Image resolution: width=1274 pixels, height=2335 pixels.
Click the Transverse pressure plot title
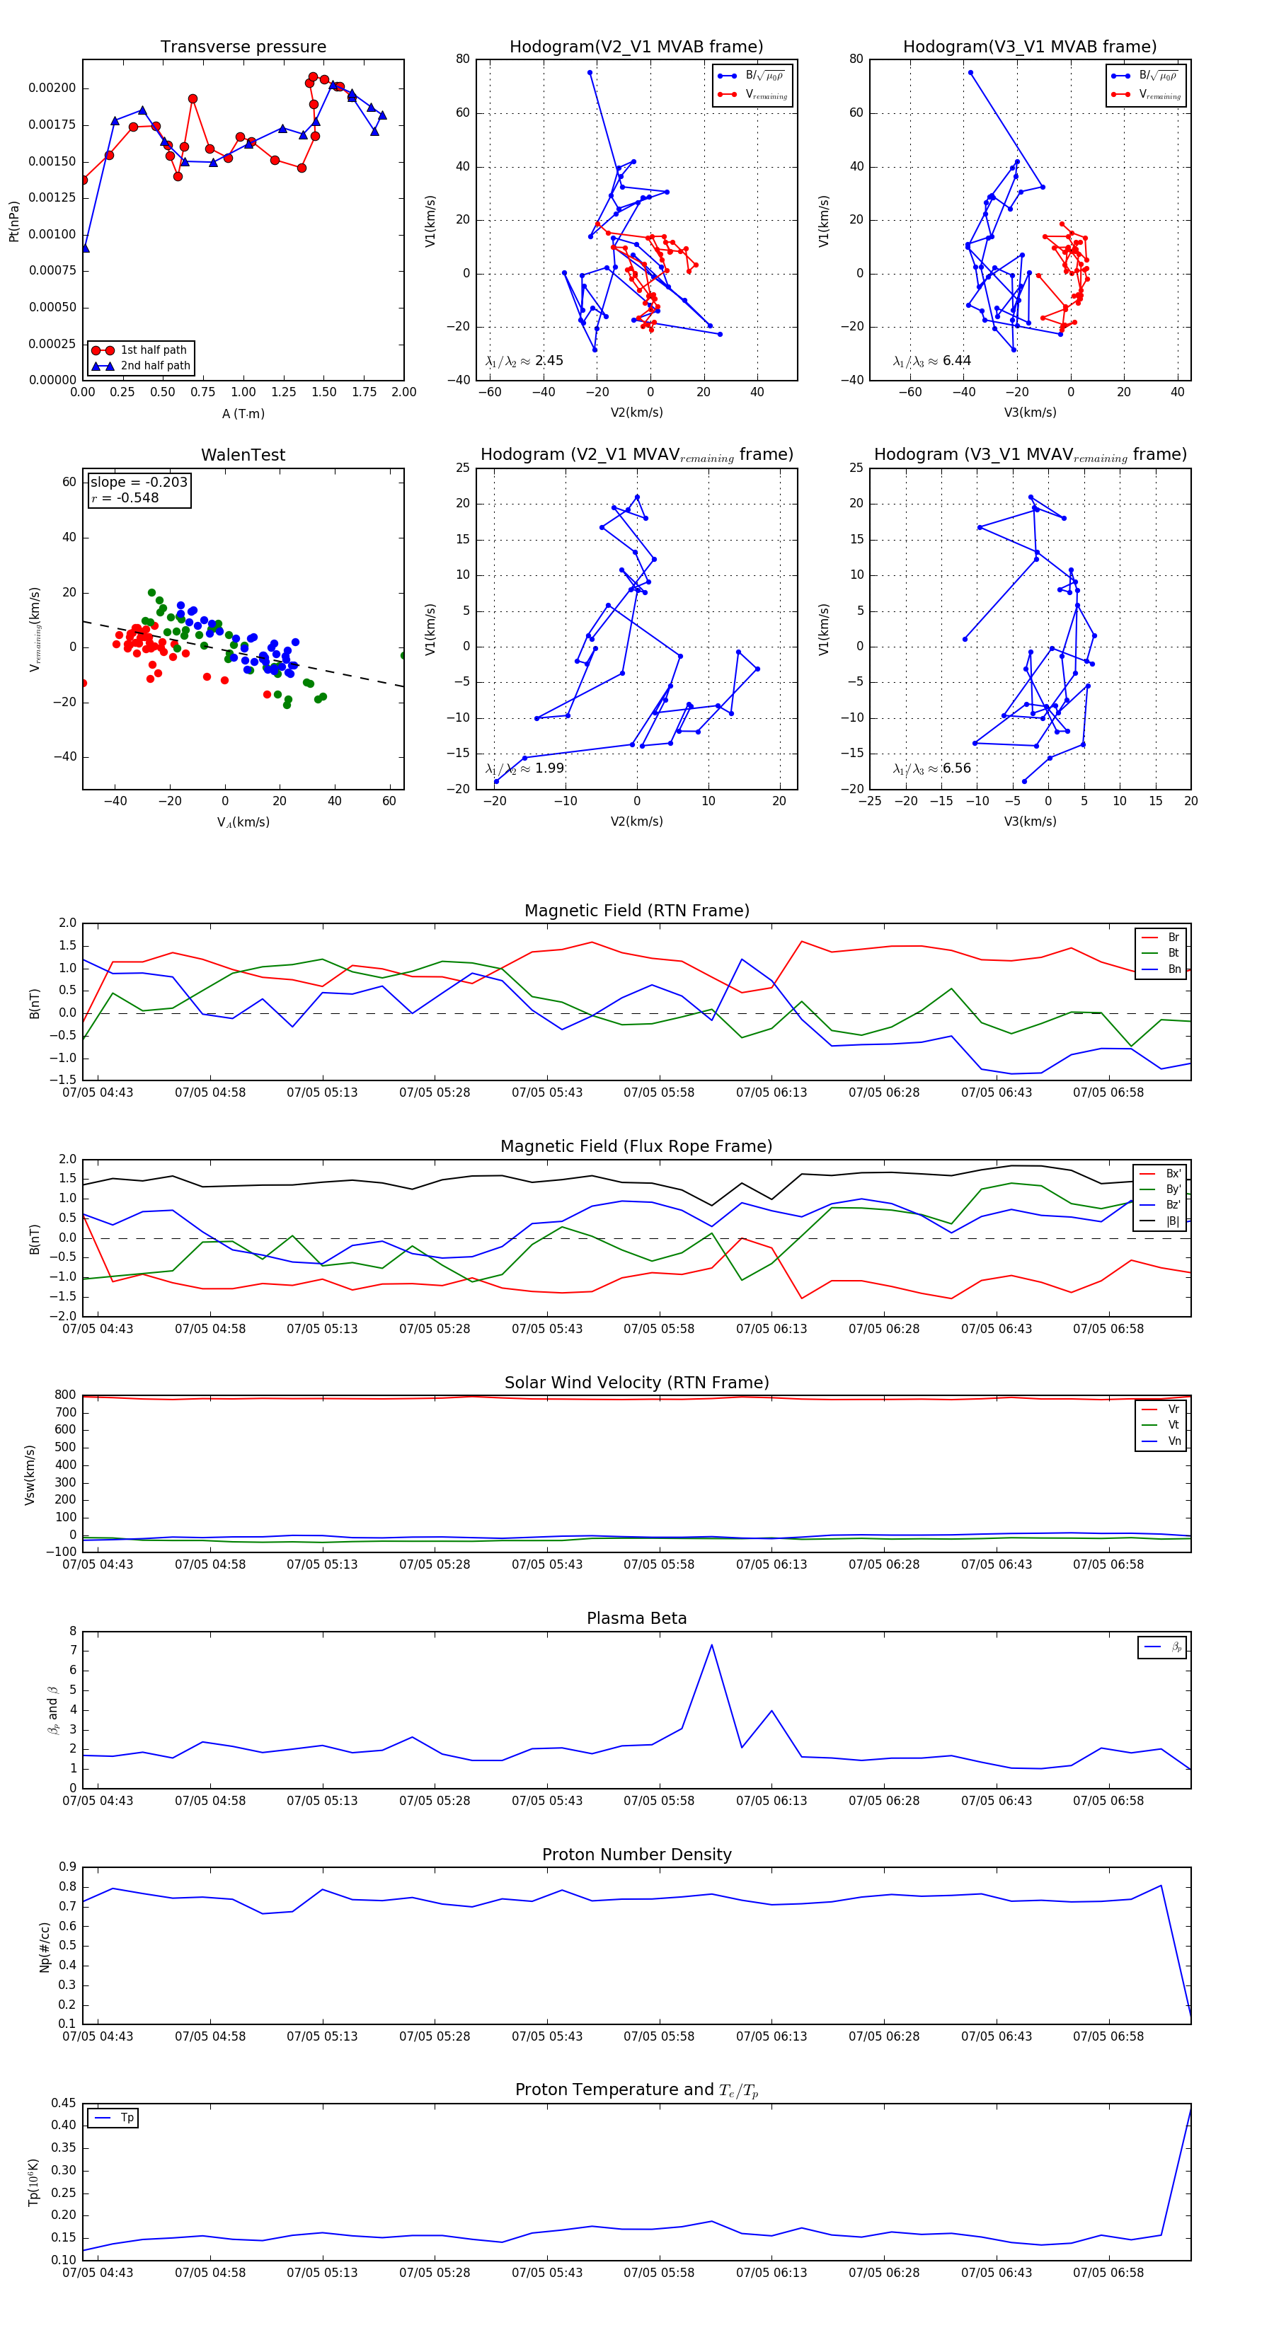click(x=243, y=47)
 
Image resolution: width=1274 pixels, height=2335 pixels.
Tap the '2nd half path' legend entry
click(x=155, y=367)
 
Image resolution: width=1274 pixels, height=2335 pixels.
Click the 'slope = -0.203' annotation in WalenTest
click(x=139, y=483)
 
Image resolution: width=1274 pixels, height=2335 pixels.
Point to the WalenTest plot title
click(x=243, y=455)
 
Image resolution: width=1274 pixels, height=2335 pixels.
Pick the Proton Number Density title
click(x=636, y=1855)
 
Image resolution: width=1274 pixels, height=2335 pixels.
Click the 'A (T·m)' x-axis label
click(x=243, y=414)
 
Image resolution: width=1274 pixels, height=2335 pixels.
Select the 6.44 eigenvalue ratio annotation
click(x=957, y=361)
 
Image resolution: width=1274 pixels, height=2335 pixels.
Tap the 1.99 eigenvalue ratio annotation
click(x=549, y=768)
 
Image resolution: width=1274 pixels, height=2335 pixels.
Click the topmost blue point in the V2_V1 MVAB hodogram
click(x=590, y=72)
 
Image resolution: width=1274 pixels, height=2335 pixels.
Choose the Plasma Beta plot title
click(x=636, y=1619)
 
